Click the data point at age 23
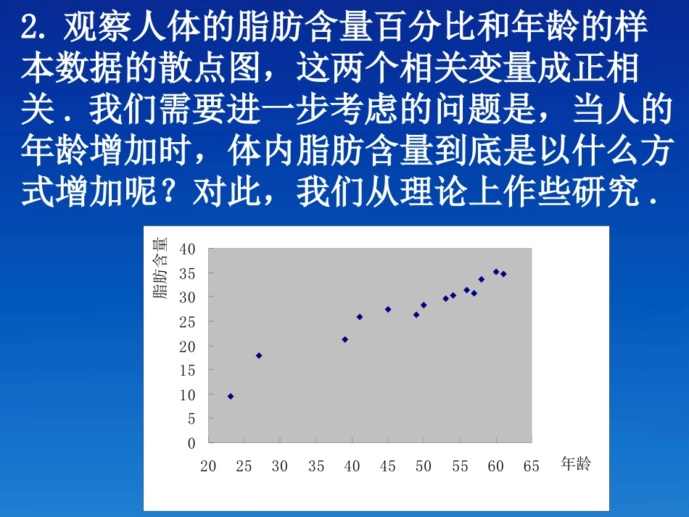point(231,397)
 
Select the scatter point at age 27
point(259,355)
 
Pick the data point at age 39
point(345,339)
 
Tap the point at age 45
point(388,309)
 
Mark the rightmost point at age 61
point(503,274)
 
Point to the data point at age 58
point(482,279)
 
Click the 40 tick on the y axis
point(188,249)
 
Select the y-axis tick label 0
point(191,443)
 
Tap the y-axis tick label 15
point(188,371)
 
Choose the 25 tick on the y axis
point(188,322)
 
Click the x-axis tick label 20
point(208,466)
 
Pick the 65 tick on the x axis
point(532,466)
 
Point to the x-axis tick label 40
point(352,466)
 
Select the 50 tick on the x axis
point(424,466)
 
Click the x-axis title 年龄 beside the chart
point(577,464)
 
